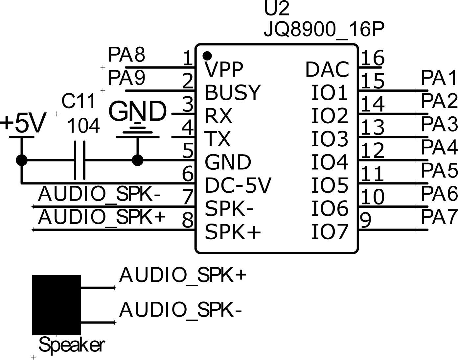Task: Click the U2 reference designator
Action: coord(277,9)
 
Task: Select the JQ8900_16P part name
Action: coord(324,30)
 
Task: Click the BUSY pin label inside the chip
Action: coord(233,92)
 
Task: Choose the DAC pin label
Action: coord(327,69)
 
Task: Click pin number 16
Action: coord(373,58)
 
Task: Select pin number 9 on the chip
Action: coord(366,220)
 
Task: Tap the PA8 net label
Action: coord(126,55)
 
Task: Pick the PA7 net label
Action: coord(439,217)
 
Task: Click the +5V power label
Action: coord(23,124)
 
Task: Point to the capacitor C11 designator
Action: coord(79,101)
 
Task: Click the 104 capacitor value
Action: coord(83,126)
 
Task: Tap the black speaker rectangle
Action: coord(57,305)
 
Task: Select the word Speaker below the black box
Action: coord(72,345)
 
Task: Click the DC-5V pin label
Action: coord(238,185)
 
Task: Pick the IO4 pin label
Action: coord(330,162)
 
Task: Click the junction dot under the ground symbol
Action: coord(137,160)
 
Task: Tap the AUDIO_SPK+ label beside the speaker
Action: coord(183,275)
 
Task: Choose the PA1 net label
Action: coord(439,78)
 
